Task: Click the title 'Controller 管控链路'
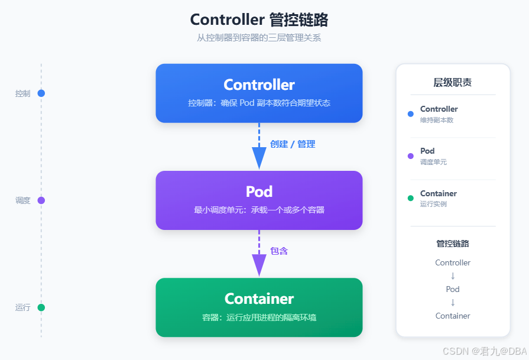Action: (259, 20)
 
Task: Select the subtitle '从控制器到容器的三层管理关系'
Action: (259, 38)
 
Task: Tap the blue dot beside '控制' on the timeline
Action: (41, 93)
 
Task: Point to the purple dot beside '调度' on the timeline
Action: (41, 200)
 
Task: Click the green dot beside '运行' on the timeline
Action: (41, 307)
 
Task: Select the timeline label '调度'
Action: (22, 200)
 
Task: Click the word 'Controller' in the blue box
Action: (259, 85)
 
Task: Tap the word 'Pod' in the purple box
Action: (259, 192)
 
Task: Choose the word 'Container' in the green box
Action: (259, 299)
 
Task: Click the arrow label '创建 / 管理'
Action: (293, 144)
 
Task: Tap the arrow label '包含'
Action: (279, 251)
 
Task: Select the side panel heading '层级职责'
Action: (452, 82)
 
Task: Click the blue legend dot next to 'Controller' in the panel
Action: (411, 113)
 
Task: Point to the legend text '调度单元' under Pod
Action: (433, 162)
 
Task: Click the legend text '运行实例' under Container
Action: (433, 204)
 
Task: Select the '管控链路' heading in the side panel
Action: (453, 244)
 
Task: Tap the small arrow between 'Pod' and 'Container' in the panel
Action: (453, 302)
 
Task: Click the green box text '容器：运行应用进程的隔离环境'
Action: (259, 317)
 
